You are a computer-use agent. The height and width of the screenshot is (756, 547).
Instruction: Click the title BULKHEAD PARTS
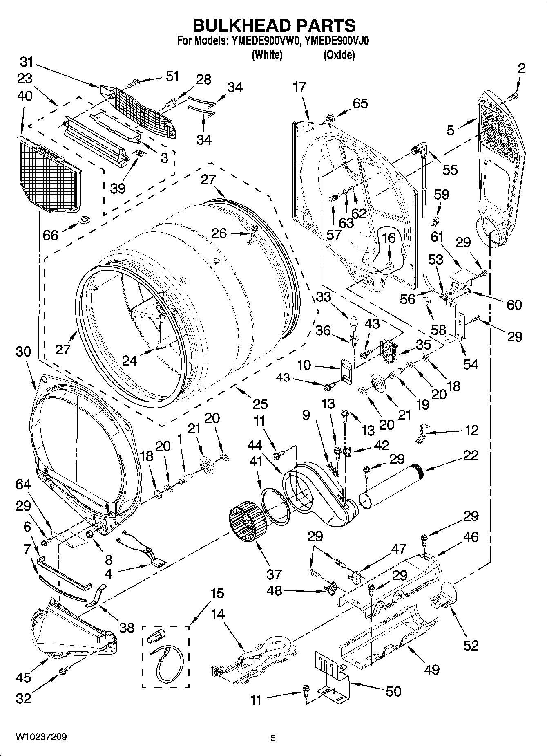click(x=274, y=25)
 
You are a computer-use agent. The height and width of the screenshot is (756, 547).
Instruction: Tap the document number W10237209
click(x=41, y=737)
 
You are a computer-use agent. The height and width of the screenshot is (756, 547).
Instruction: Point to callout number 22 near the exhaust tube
click(x=471, y=455)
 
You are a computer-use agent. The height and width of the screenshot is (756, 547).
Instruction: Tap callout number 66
click(x=50, y=235)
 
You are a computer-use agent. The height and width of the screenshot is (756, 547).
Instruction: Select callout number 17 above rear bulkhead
click(x=299, y=87)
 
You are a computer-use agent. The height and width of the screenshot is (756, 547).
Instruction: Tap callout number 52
click(x=471, y=645)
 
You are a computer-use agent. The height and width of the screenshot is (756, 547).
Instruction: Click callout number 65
click(x=360, y=103)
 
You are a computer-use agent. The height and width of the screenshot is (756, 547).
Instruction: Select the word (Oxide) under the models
click(x=339, y=55)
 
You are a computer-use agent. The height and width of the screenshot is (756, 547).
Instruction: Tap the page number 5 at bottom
click(x=273, y=738)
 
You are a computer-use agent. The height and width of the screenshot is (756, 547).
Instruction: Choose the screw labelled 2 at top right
click(x=513, y=96)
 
